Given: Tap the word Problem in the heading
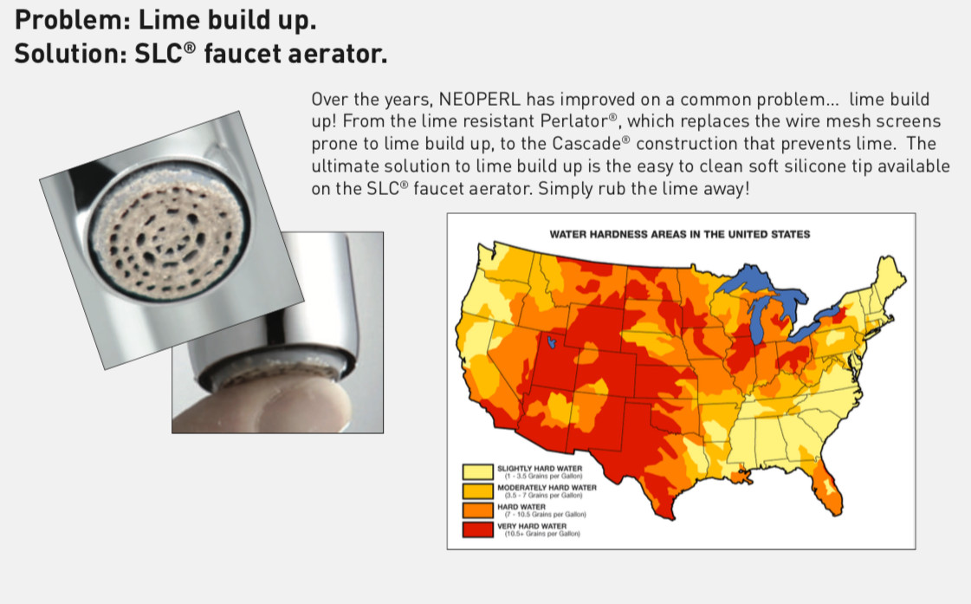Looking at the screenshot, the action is pyautogui.click(x=68, y=20).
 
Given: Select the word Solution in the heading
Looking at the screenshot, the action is pyautogui.click(x=67, y=53).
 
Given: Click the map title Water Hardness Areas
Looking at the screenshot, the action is pyautogui.click(x=679, y=234).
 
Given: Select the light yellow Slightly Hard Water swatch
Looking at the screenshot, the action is pyautogui.click(x=477, y=472).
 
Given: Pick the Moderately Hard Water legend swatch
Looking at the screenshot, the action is pyautogui.click(x=477, y=491).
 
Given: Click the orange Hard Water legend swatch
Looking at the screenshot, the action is pyautogui.click(x=477, y=510).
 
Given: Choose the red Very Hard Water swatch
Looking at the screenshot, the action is pyautogui.click(x=477, y=529).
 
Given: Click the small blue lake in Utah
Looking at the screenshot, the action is pyautogui.click(x=551, y=341).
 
